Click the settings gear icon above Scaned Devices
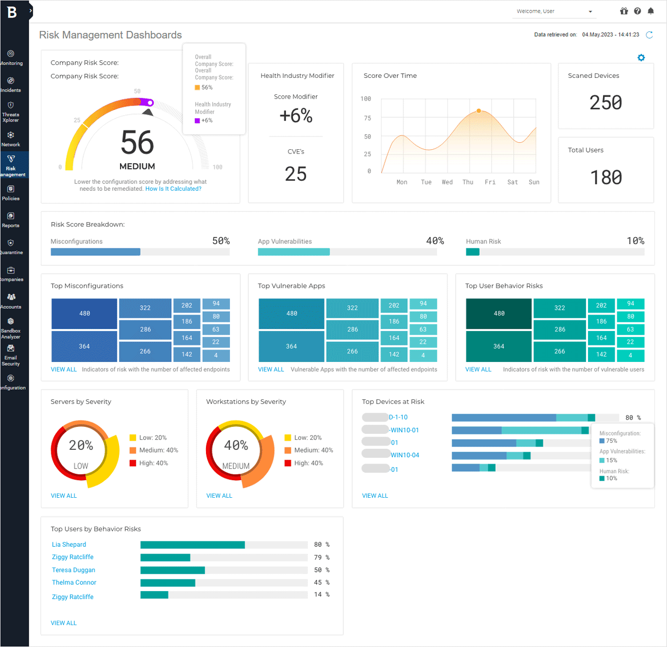(641, 58)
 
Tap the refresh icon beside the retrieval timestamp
(649, 35)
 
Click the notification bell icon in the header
(650, 11)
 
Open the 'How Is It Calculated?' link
(173, 189)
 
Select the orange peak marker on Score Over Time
(479, 111)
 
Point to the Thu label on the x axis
(468, 182)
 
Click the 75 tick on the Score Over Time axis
(367, 118)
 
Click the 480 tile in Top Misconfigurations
(84, 313)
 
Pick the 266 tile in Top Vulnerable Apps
(352, 351)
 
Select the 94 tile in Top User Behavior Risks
(630, 304)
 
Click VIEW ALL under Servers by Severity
(63, 496)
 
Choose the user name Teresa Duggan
(74, 570)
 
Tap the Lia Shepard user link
(69, 545)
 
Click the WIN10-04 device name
(404, 455)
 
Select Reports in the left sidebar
(11, 220)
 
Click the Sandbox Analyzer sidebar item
(11, 328)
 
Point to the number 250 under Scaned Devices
(606, 102)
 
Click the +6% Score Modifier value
(296, 116)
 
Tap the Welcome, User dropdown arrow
(590, 12)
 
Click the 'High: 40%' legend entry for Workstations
(308, 463)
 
